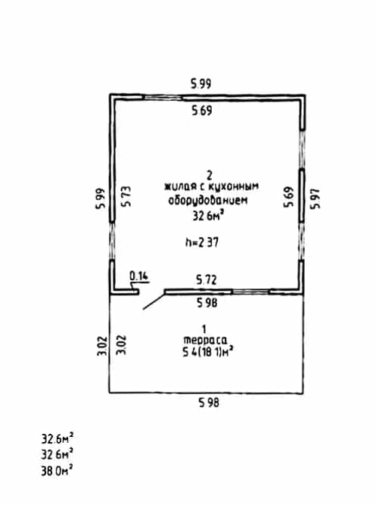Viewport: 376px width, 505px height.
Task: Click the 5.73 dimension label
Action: [126, 196]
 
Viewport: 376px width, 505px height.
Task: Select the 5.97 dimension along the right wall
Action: [315, 198]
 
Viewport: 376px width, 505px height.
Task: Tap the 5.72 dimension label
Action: [207, 279]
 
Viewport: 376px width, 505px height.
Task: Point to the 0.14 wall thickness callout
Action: [138, 276]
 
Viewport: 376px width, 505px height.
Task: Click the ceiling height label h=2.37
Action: [202, 242]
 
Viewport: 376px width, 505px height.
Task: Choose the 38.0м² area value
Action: [57, 470]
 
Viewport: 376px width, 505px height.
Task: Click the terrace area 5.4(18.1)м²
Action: [207, 352]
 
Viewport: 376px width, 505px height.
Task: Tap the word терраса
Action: [205, 340]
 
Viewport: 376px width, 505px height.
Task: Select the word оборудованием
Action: [208, 201]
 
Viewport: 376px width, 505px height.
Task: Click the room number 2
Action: [210, 176]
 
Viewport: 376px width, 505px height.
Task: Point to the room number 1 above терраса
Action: [204, 329]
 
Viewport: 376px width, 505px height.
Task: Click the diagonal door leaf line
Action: [154, 301]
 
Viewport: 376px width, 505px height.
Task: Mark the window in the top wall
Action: [163, 97]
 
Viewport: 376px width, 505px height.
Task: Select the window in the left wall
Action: [112, 241]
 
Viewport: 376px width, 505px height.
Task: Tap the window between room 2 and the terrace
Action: [250, 291]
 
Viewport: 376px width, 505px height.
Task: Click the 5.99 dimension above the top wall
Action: [201, 84]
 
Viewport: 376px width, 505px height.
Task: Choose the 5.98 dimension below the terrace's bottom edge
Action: [209, 402]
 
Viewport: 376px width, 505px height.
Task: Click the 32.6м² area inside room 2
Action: [208, 216]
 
